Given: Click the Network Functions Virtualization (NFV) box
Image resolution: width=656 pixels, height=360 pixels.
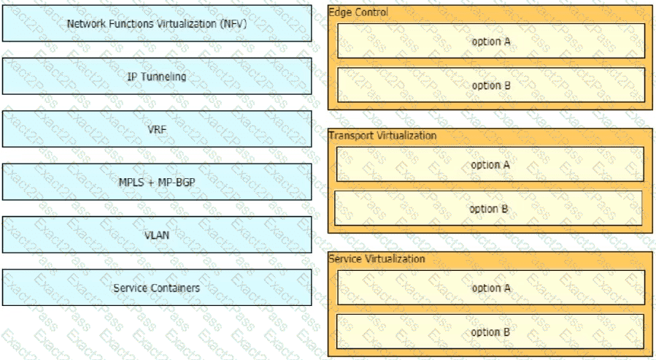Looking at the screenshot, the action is click(157, 23).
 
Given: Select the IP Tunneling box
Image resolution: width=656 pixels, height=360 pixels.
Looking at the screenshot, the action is click(157, 76).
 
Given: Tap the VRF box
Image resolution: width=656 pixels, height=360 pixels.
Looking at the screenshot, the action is click(157, 129).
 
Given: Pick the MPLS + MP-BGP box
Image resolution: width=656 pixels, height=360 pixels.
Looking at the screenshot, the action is click(157, 182).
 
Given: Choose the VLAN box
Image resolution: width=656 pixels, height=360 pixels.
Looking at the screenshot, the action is click(157, 234).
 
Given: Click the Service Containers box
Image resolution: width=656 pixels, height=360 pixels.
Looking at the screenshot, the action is click(157, 287).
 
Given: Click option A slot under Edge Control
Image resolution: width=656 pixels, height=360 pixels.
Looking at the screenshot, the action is click(491, 41).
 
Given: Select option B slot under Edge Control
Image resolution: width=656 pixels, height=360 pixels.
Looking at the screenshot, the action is click(491, 85).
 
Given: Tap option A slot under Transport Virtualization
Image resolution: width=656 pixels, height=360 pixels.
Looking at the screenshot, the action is click(490, 164).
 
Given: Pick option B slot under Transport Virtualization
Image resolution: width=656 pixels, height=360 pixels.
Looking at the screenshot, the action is click(488, 208).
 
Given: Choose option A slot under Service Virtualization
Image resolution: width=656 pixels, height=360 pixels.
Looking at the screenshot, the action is click(491, 288).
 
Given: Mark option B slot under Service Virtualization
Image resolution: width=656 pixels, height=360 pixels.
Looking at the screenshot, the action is click(490, 332).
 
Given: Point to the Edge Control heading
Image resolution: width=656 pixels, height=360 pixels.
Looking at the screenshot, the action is click(358, 12).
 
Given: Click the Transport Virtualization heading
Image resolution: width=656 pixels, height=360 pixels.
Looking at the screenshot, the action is click(383, 136).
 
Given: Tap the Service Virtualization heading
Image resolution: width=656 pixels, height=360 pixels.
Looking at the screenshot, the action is click(377, 258).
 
